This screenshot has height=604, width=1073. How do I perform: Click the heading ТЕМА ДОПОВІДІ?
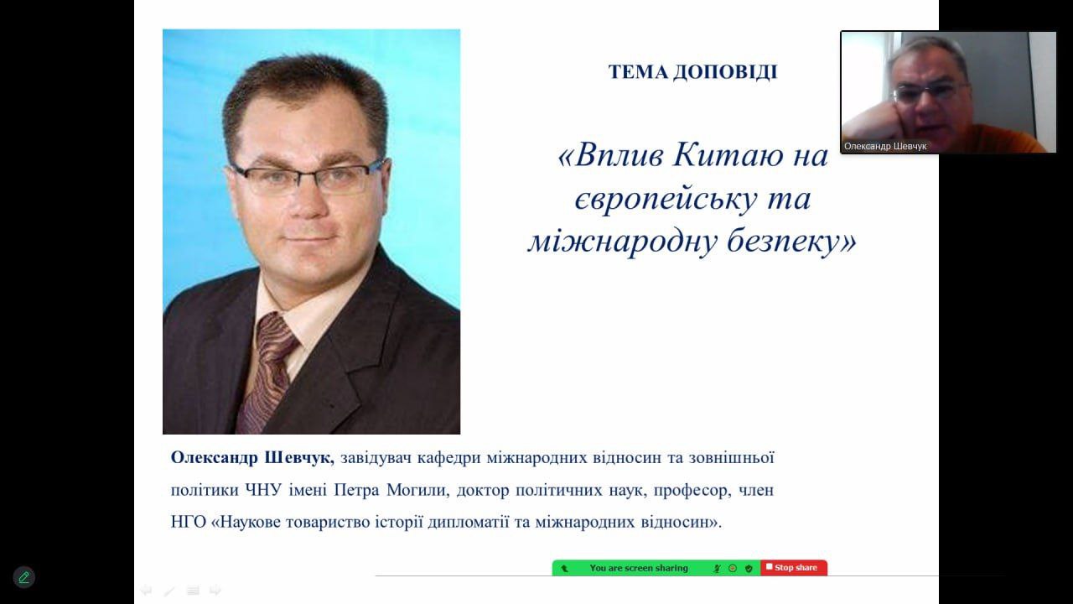[692, 72]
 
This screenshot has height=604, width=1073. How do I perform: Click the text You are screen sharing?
[639, 568]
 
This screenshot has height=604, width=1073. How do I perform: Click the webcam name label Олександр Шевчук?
[885, 146]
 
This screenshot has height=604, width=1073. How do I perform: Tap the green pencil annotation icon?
[23, 577]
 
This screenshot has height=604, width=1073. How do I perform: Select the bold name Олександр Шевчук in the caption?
[252, 457]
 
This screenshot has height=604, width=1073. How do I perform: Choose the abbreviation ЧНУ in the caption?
[263, 490]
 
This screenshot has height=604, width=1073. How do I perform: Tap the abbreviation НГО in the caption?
[189, 522]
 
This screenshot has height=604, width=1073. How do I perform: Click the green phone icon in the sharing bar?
[564, 569]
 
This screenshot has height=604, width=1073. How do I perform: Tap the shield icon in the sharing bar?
[749, 569]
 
